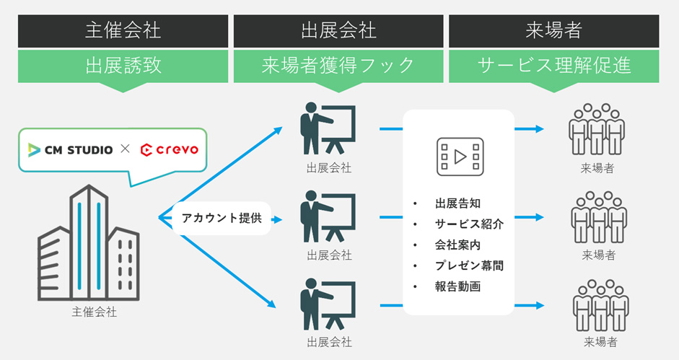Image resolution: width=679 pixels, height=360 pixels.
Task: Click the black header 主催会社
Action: tap(123, 31)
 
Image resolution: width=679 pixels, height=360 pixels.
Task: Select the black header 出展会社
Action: tap(338, 31)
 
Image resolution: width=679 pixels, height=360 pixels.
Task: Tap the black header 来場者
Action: tap(554, 31)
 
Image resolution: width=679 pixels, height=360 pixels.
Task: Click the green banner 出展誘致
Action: tap(123, 66)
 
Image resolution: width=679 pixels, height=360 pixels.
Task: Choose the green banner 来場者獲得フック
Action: tap(338, 66)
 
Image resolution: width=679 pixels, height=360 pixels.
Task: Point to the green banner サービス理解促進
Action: tap(554, 66)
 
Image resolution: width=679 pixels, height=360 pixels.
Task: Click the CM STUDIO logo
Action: tap(70, 150)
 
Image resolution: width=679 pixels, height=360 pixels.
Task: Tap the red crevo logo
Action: tap(170, 150)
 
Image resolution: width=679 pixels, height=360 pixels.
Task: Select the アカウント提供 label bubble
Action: tap(222, 218)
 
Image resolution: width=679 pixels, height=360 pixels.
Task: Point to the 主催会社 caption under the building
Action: tap(94, 312)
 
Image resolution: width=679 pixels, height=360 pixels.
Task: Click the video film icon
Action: tap(460, 157)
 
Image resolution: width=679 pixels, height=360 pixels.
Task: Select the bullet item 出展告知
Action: tap(457, 203)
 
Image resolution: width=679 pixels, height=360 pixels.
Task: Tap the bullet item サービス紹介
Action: tap(470, 224)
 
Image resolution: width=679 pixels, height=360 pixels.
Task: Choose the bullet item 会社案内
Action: tap(457, 245)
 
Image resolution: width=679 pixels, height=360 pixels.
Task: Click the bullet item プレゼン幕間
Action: tap(470, 265)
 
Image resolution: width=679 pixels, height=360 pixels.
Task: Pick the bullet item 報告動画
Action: tap(457, 286)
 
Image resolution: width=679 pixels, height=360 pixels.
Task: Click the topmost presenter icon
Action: tap(328, 128)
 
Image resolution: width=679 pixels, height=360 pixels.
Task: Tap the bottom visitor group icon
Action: tap(600, 305)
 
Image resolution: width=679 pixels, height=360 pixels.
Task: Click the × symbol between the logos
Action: tap(125, 149)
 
